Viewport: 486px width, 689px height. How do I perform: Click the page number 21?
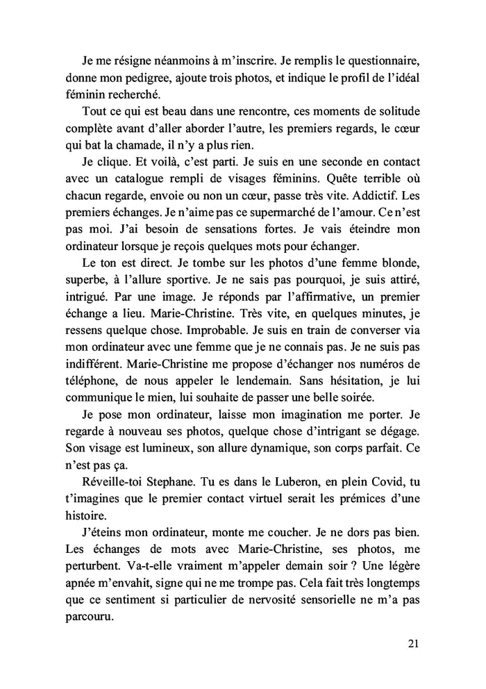click(413, 643)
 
